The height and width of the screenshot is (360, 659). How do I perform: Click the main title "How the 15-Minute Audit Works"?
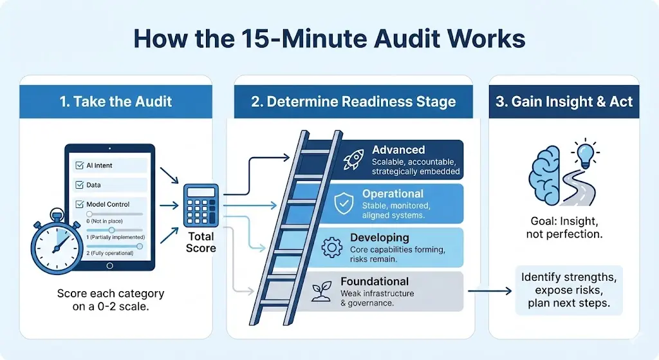329,39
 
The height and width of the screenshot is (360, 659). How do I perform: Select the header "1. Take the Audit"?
116,101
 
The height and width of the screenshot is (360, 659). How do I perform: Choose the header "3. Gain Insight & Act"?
563,101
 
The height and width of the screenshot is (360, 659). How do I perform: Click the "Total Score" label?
201,242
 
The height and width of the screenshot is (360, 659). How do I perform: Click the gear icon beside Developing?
331,247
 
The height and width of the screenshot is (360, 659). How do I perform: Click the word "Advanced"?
398,150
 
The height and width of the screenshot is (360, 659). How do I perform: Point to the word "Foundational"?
375,281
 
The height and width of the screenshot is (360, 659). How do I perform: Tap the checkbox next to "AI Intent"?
80,166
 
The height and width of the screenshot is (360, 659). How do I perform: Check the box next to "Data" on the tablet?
80,185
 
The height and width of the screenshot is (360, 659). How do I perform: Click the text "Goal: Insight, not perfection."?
563,227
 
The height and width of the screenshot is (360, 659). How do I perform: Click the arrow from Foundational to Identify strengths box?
489,291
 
